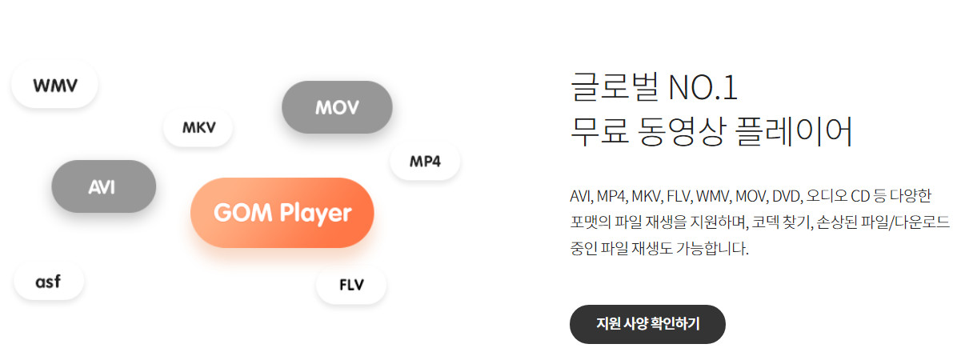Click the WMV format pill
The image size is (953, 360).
54,85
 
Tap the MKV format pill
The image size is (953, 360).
198,128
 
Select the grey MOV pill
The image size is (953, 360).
337,107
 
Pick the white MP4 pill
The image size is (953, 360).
425,162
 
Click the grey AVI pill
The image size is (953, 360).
102,186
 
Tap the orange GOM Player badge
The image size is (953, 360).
282,213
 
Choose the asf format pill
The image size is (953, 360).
49,282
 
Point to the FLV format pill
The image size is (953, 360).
351,286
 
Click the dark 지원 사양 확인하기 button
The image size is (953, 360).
647,324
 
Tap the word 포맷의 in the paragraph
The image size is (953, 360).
591,222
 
